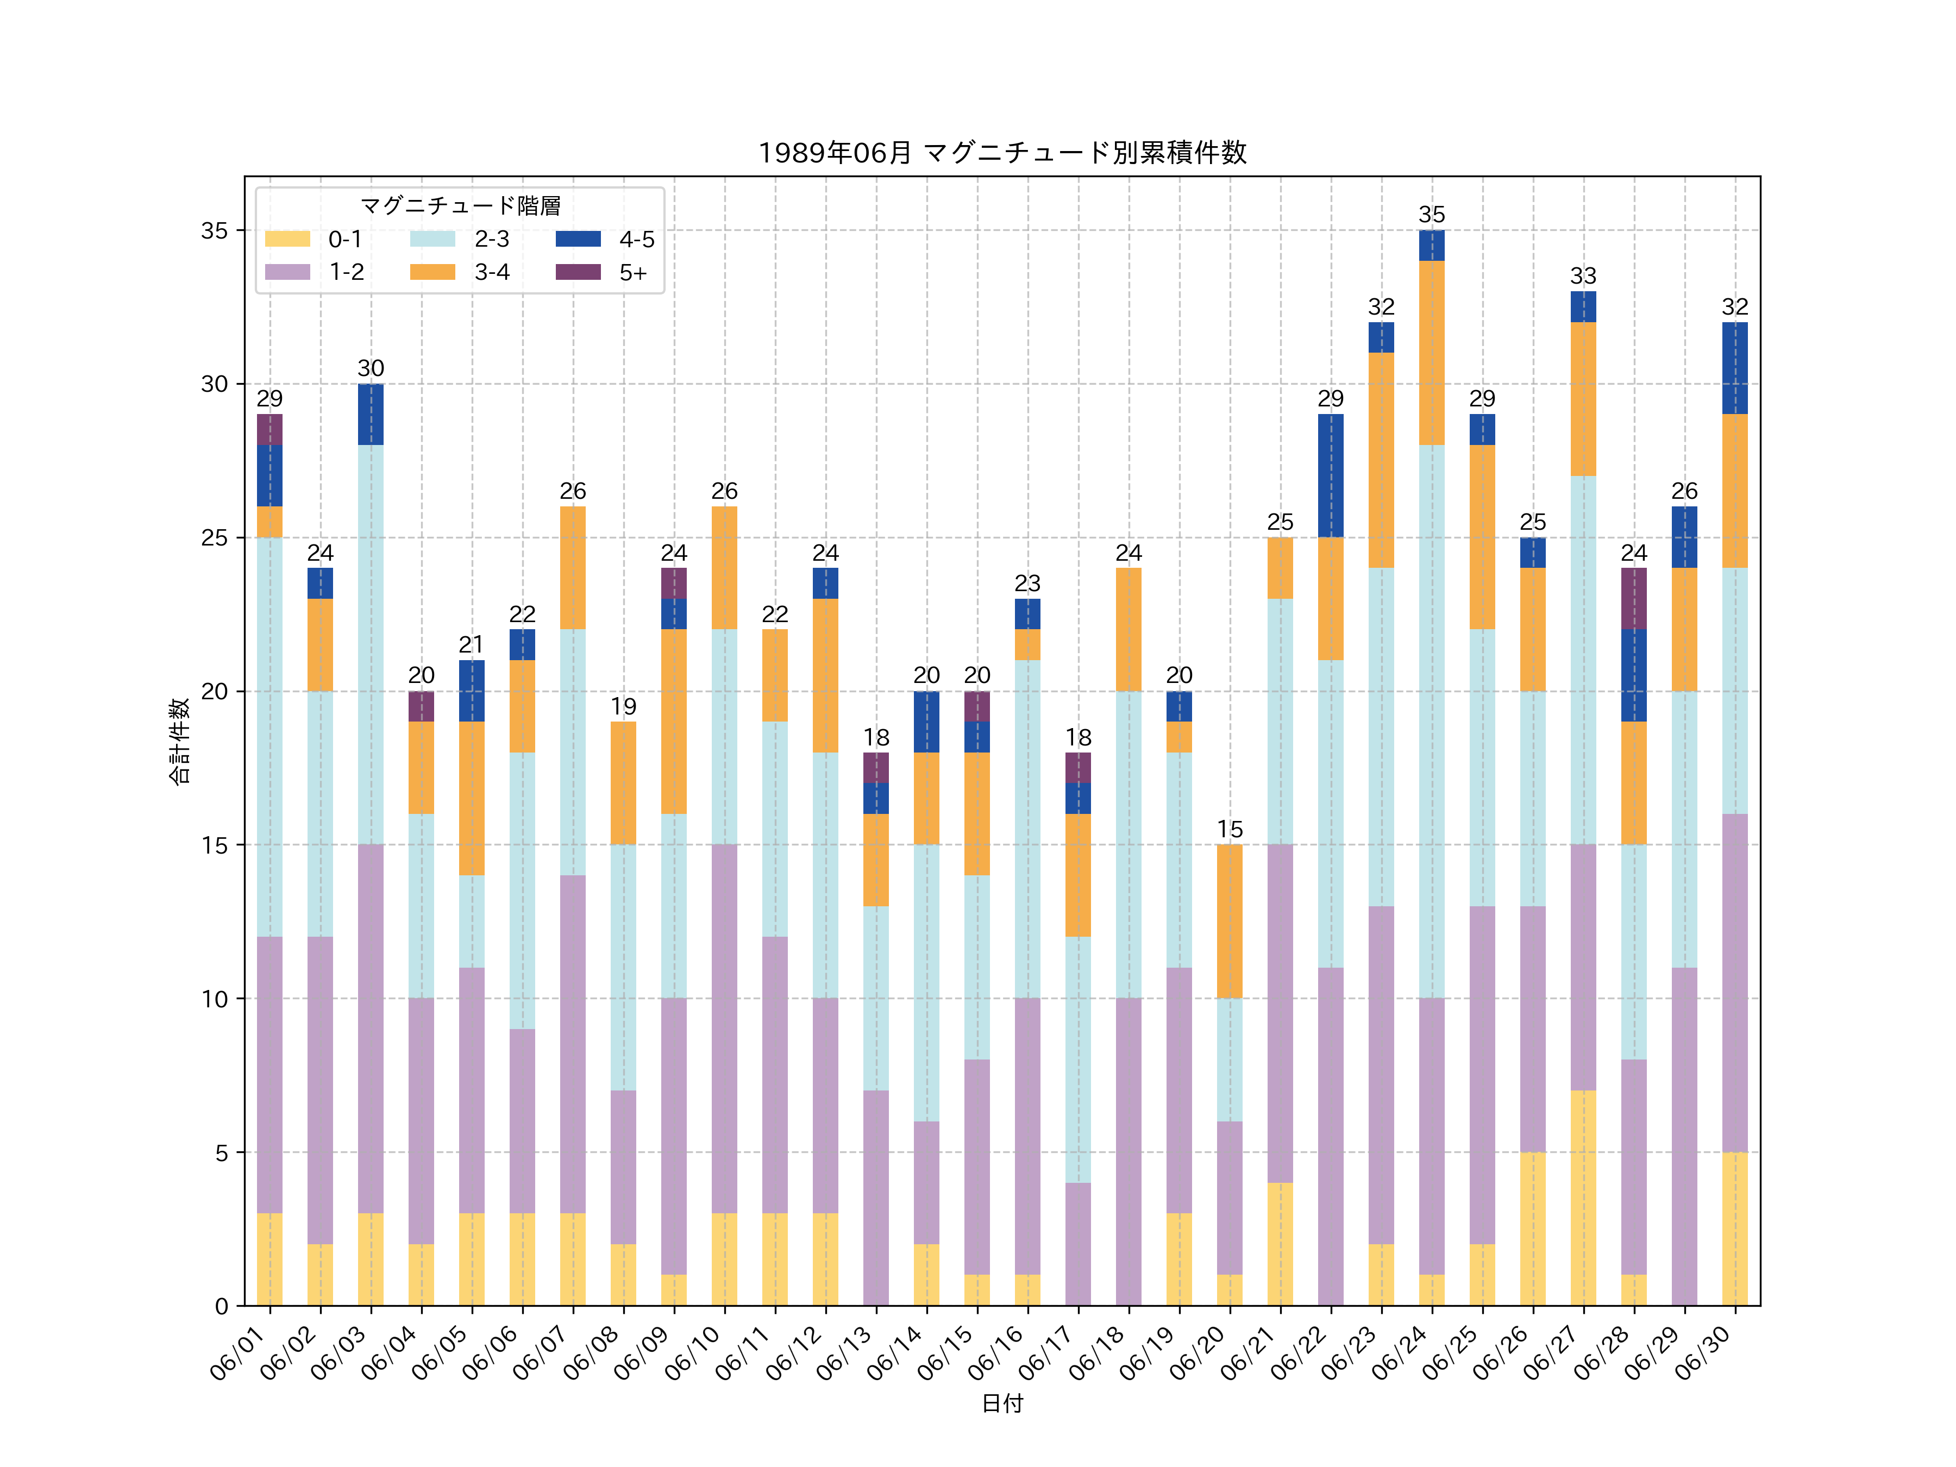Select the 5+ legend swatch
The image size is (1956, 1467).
click(x=578, y=272)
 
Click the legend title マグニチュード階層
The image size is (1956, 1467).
click(x=460, y=206)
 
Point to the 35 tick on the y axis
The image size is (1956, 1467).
click(x=214, y=231)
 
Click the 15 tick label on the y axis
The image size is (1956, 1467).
click(x=214, y=845)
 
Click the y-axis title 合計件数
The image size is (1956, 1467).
click(x=179, y=741)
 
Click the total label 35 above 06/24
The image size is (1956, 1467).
click(x=1432, y=215)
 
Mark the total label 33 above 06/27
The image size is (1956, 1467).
click(x=1583, y=276)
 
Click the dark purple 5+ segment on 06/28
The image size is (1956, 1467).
click(x=1633, y=599)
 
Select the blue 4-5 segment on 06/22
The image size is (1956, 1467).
click(x=1330, y=476)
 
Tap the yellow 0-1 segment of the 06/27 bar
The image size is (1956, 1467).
click(x=1583, y=1198)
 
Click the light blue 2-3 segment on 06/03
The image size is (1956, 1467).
click(x=371, y=644)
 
